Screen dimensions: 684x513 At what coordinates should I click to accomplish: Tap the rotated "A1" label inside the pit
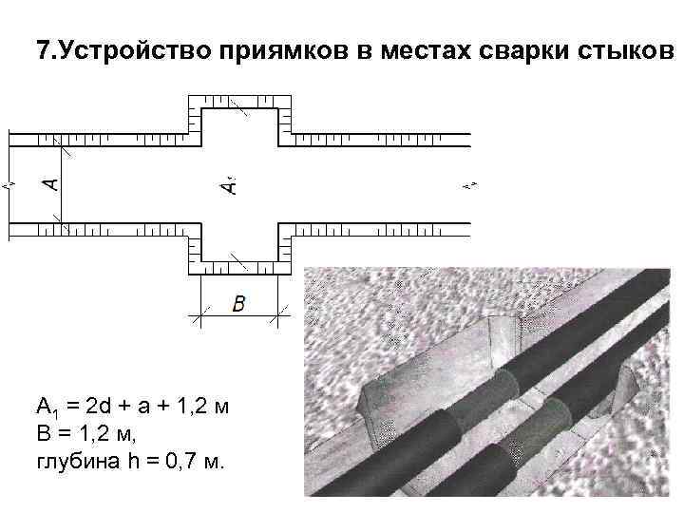click(229, 183)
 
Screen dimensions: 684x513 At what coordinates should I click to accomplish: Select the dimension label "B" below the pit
click(238, 304)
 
